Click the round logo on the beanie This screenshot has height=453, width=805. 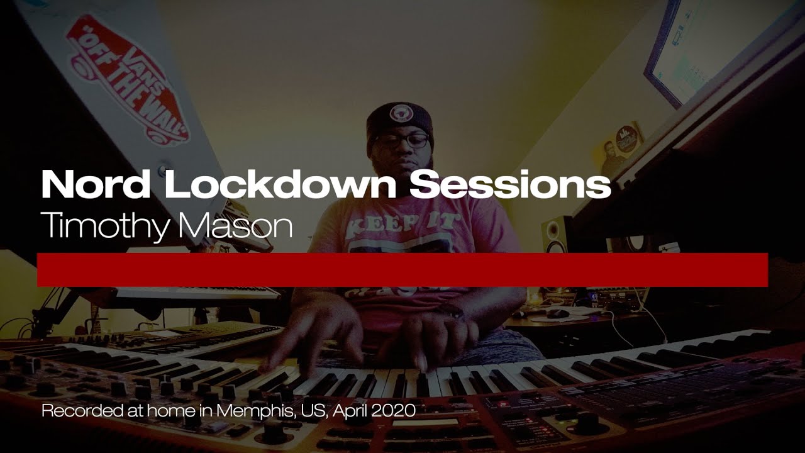pos(399,113)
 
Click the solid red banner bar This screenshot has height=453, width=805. pos(402,270)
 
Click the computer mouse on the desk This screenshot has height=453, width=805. pos(556,313)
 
